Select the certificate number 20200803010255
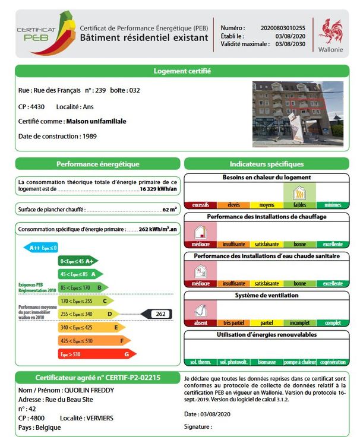pos(283,28)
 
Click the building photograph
pos(298,114)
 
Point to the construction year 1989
pos(90,137)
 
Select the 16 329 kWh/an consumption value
pos(159,189)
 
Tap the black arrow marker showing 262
pos(156,313)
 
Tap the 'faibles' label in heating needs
pos(299,205)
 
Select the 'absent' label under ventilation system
pos(200,322)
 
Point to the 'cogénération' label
pos(332,362)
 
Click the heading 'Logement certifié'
pos(182,71)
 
